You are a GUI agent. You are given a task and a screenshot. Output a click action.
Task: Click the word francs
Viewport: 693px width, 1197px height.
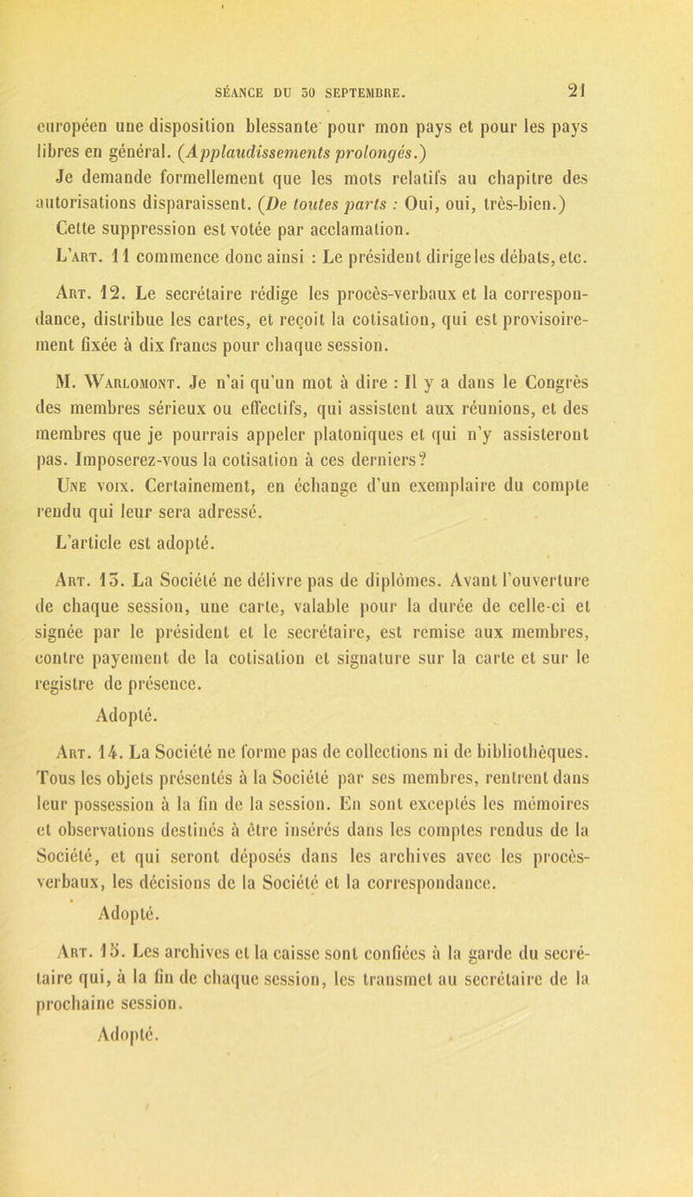click(240, 333)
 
